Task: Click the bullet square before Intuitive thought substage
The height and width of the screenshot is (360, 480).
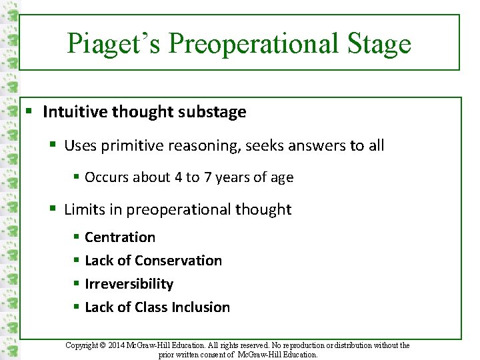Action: [31, 112]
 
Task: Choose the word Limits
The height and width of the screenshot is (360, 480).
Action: [84, 209]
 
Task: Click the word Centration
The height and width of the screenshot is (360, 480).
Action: [120, 237]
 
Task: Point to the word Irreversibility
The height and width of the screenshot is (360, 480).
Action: [129, 284]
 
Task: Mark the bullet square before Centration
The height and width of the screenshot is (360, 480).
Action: [77, 237]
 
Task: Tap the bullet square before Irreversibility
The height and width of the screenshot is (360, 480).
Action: [77, 284]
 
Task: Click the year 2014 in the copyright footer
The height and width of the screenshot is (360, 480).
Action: [122, 345]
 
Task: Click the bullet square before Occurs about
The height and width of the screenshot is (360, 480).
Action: [77, 177]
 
